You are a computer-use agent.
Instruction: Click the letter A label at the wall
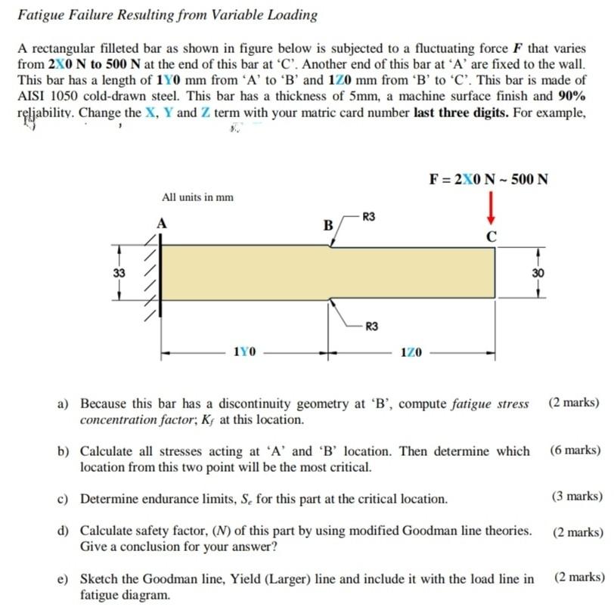click(x=160, y=223)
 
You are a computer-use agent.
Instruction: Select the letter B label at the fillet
click(x=327, y=225)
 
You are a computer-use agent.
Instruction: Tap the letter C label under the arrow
click(x=492, y=237)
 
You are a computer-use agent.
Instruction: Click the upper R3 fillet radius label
click(x=369, y=217)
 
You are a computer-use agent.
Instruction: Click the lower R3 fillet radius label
click(x=371, y=327)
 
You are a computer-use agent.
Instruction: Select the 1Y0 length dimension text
click(x=244, y=352)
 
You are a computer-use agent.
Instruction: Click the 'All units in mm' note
click(x=197, y=197)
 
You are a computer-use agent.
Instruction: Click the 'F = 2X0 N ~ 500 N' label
click(x=488, y=179)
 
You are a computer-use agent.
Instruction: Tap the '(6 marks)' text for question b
click(x=576, y=451)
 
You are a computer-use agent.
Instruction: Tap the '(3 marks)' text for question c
click(x=576, y=497)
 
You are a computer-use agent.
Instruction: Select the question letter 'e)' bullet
click(x=65, y=580)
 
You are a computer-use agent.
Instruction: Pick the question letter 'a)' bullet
click(x=65, y=404)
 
